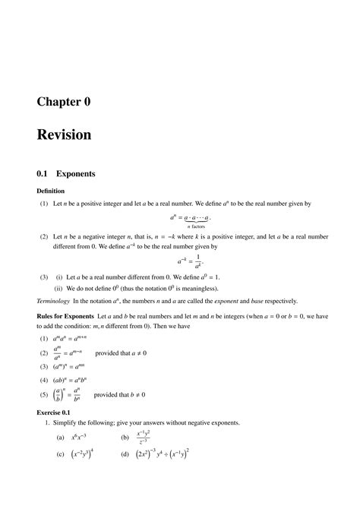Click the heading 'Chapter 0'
point(64,101)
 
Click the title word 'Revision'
point(64,135)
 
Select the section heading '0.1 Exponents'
point(66,173)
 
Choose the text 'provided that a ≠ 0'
point(120,353)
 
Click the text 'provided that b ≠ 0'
point(120,394)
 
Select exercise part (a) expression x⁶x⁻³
point(79,438)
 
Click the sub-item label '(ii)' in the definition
point(58,288)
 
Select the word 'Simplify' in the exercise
point(62,422)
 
